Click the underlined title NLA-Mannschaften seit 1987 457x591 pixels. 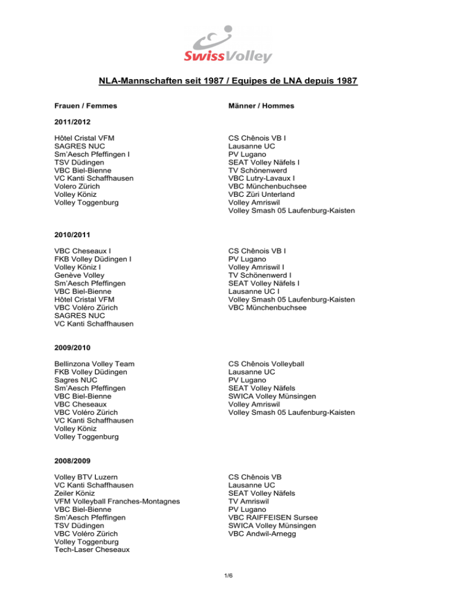tap(228, 80)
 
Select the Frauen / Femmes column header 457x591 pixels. tap(85, 106)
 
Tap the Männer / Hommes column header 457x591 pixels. tap(261, 106)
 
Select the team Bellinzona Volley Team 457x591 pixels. tap(94, 363)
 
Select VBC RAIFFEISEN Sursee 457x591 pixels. tap(273, 517)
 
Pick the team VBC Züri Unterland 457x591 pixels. tap(264, 194)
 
